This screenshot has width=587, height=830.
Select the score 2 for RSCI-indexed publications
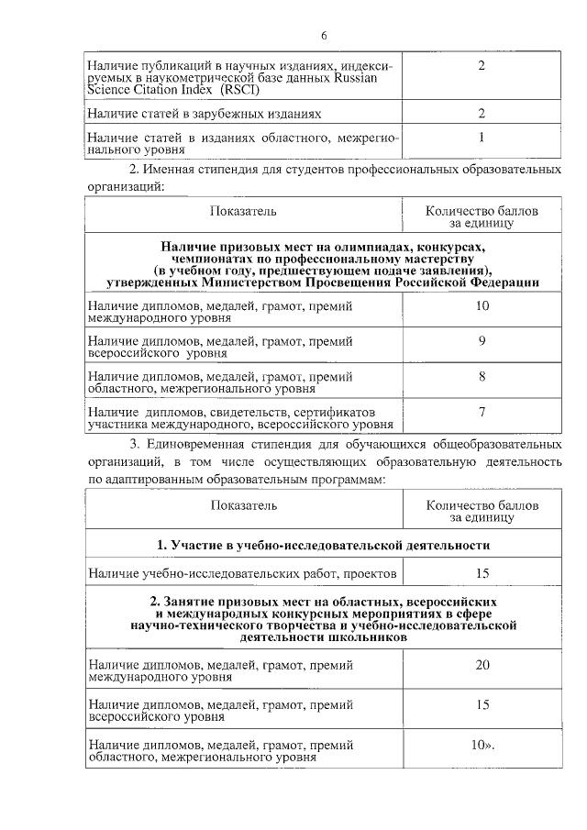point(482,66)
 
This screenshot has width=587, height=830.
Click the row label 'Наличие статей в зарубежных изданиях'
point(205,114)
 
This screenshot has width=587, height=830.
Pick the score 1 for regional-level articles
point(482,137)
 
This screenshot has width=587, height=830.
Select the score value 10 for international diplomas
point(482,304)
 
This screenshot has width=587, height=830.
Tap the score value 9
point(482,340)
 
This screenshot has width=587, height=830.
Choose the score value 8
point(482,376)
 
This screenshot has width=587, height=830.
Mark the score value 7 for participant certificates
point(482,412)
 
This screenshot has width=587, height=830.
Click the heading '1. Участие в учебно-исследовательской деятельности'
point(323,545)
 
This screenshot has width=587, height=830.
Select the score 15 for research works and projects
point(482,573)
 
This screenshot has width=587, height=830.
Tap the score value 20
point(482,664)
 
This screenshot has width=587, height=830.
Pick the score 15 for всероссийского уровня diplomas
point(482,704)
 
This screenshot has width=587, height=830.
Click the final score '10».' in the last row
point(483,745)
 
